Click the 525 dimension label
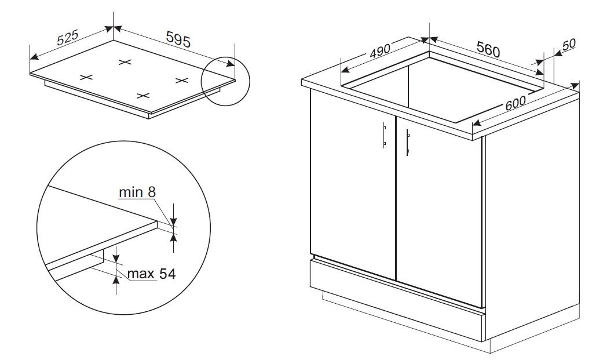click(x=68, y=37)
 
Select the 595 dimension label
click(x=178, y=39)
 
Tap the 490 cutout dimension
click(x=380, y=51)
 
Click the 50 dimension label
click(x=569, y=44)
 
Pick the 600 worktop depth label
click(x=516, y=103)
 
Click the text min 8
click(x=137, y=192)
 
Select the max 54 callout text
click(x=151, y=274)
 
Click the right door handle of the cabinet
click(x=408, y=143)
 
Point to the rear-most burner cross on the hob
click(x=125, y=62)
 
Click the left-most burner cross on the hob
click(x=86, y=77)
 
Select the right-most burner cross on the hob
click(x=182, y=80)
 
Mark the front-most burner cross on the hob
click(x=143, y=96)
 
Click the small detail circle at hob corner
click(x=226, y=81)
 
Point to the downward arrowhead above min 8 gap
click(x=173, y=222)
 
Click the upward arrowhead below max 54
click(x=116, y=279)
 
